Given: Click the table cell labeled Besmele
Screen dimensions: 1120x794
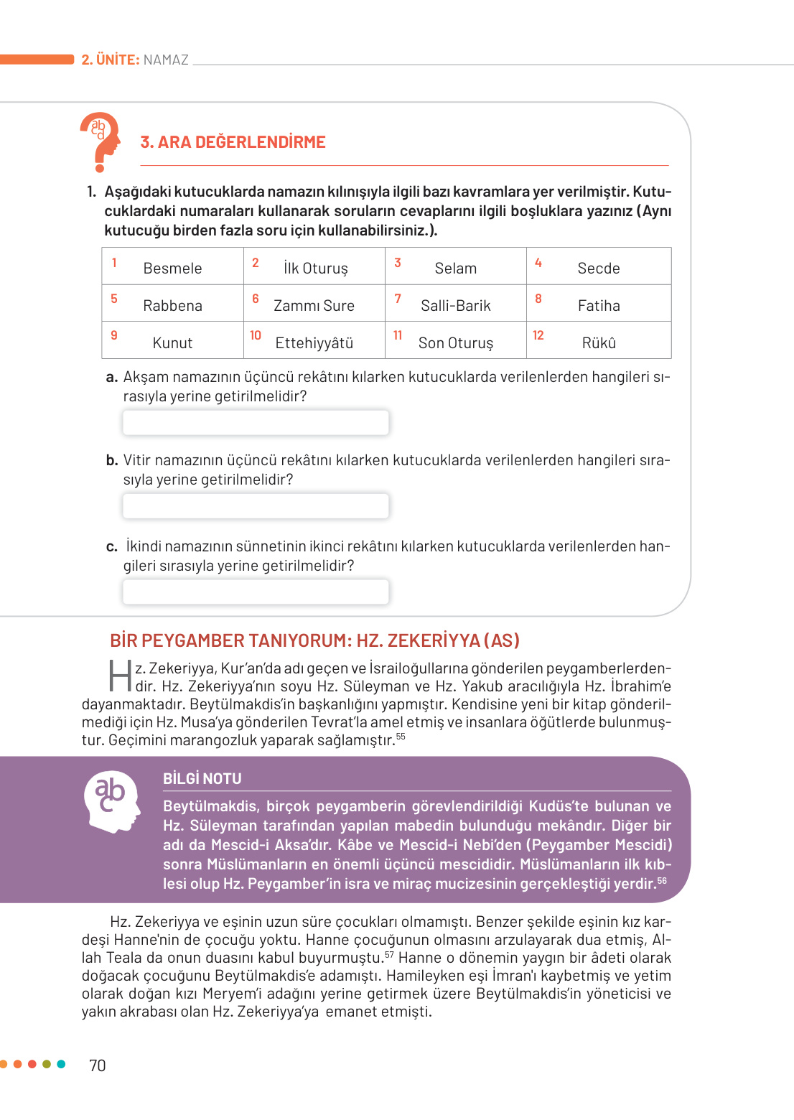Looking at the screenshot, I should coord(172,267).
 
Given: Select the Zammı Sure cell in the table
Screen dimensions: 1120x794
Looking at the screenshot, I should coord(314,304).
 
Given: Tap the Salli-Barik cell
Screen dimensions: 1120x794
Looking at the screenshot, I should coord(455,304).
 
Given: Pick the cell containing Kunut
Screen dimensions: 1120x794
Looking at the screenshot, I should coord(172,342).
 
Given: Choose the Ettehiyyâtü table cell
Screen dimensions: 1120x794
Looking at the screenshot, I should coord(314,342).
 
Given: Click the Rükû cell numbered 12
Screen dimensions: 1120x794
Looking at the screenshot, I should coord(599,342).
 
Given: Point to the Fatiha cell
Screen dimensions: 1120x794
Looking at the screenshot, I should coord(599,304).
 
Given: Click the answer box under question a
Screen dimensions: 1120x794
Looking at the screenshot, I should coord(256,422).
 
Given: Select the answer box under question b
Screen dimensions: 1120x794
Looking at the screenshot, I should coord(256,505).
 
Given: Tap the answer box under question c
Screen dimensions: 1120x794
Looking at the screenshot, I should coord(256,592).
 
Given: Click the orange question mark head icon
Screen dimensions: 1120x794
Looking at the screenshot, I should coord(101,141).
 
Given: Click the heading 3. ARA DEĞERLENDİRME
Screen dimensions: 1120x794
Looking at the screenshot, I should coord(233,142).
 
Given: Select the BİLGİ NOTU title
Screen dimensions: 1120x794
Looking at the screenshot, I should coord(202,778).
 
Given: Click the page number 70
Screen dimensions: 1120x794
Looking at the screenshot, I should coord(98,1065).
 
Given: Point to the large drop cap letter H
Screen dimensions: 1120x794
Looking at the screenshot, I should coord(120,676).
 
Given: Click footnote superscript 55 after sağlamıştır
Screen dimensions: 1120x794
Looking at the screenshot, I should coord(401,737).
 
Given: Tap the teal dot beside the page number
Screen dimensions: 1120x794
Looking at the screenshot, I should coord(61,1064).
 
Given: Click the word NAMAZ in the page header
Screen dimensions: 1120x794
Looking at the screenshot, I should coord(166,60).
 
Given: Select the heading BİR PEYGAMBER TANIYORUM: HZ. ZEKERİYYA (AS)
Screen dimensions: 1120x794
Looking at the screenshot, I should coord(314,640).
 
